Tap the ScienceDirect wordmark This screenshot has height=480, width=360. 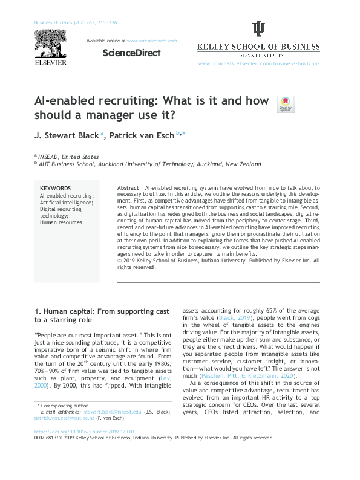pos(131,53)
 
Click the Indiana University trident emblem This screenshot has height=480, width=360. pos(258,30)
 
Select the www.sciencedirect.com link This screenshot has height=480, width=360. pos(152,41)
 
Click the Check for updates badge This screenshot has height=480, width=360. pos(284,104)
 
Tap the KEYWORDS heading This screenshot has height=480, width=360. pos(55,189)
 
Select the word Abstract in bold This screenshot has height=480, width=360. pos(127,189)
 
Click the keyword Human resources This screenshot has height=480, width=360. pos(61,222)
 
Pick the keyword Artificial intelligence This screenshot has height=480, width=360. pos(67,203)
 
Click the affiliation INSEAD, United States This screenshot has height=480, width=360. pos(68,155)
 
